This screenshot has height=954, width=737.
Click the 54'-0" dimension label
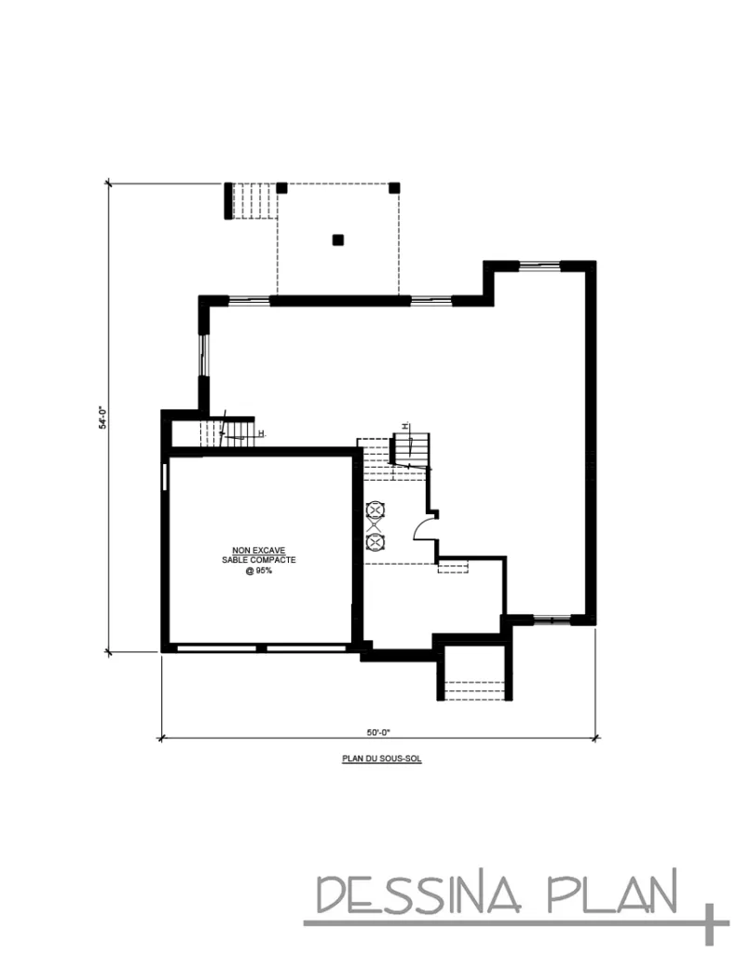pos(103,418)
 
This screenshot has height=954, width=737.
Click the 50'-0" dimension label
pos(377,732)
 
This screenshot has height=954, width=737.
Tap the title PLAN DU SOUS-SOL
pos(382,758)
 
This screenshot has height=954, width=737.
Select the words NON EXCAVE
pos(259,550)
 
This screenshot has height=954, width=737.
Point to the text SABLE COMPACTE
pos(259,560)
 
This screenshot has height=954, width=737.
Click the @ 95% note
pos(259,571)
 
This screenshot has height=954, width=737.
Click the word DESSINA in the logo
pos(420,893)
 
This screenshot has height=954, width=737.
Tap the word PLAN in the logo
pos(613,892)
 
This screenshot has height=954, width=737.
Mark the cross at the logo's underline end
pos(709,923)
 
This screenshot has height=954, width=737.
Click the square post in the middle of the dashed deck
pos(338,239)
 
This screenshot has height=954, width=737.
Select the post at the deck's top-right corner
pos(394,187)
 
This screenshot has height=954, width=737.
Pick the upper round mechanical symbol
pos(375,510)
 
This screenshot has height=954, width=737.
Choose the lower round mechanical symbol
pos(375,541)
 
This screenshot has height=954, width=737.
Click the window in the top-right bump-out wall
pos(539,266)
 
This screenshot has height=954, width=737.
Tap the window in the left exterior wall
pos(204,355)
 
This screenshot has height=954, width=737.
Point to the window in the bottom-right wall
pos(552,620)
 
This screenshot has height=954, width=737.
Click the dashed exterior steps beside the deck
pos(255,201)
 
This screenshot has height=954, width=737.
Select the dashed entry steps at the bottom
pos(475,690)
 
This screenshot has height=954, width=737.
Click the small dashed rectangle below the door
pos(453,567)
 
